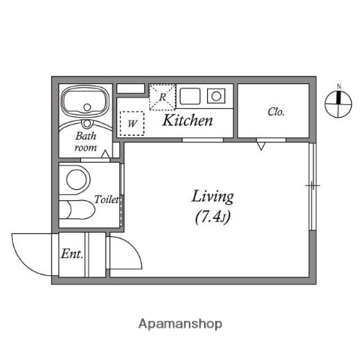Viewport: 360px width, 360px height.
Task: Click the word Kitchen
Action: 187,120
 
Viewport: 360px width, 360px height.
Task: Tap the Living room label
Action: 213,196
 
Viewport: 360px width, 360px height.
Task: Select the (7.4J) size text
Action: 212,217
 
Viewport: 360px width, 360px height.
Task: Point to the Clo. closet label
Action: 276,112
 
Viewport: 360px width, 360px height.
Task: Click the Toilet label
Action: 106,199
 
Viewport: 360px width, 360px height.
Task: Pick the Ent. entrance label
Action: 72,253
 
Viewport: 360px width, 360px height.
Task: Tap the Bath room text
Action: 85,142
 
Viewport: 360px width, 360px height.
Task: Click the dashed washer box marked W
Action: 132,124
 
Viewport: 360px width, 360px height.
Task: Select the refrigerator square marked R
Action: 162,97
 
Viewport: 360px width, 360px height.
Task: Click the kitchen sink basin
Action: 190,96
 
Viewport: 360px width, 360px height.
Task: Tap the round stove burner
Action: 216,96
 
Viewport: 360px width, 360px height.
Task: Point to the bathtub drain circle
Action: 87,107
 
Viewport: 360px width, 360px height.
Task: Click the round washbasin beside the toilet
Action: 76,179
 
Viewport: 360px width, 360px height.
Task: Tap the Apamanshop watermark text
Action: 180,324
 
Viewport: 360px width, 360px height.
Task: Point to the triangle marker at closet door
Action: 261,146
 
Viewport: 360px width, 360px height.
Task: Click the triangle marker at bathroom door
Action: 106,154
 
